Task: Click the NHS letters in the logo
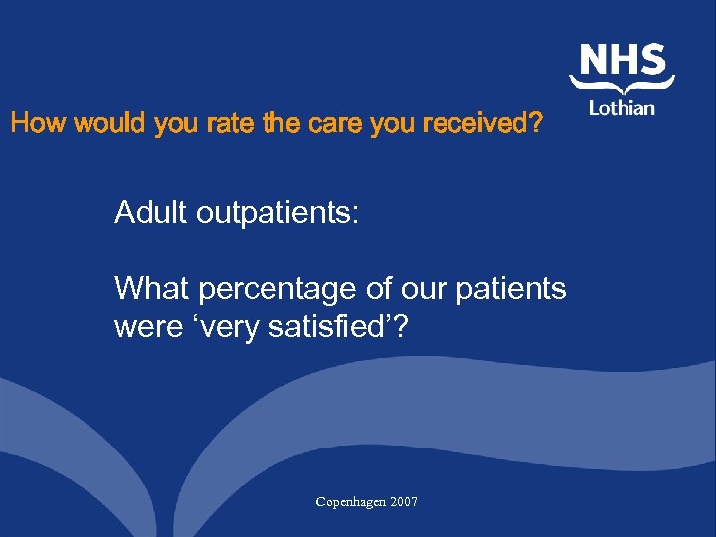pos(624,61)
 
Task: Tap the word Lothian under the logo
pos(623,107)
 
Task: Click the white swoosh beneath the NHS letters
pos(623,87)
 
